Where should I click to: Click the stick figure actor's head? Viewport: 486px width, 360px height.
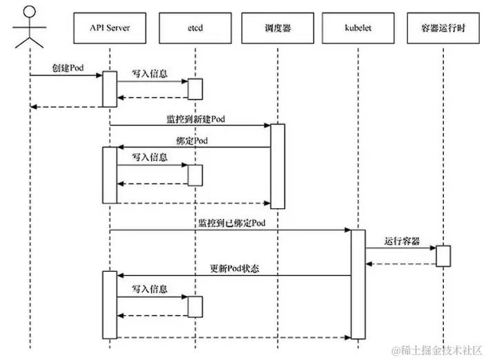pos(30,13)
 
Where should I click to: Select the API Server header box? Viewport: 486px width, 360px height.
pos(110,29)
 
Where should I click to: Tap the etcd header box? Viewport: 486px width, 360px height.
pos(194,29)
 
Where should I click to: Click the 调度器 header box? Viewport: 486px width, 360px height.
pos(276,29)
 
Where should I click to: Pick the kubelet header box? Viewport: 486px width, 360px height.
pos(358,29)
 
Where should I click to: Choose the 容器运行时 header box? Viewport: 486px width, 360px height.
pos(443,29)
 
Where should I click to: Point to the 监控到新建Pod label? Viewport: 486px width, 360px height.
pos(195,119)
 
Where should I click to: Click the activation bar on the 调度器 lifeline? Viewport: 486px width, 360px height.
pos(277,166)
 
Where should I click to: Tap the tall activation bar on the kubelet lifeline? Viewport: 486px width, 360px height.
pos(358,284)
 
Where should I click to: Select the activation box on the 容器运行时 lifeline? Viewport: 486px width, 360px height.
pos(443,255)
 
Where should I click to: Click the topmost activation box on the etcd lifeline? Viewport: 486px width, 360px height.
pos(195,88)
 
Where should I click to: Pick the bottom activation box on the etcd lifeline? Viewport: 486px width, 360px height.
pos(195,306)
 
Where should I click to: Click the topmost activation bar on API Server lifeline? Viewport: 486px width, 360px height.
pos(110,88)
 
